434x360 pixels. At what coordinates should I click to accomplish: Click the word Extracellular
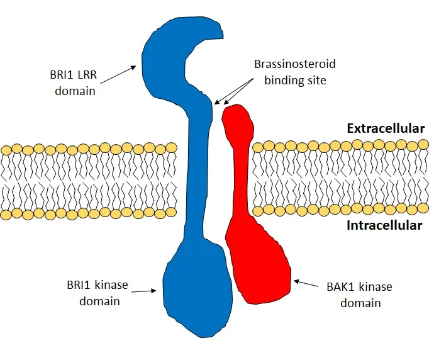386,128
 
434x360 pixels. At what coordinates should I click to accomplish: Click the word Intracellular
384,225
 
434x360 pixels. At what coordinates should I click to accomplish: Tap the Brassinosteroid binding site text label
295,72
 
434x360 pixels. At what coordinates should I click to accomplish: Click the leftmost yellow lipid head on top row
6,150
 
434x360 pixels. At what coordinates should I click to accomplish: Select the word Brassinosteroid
295,64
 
